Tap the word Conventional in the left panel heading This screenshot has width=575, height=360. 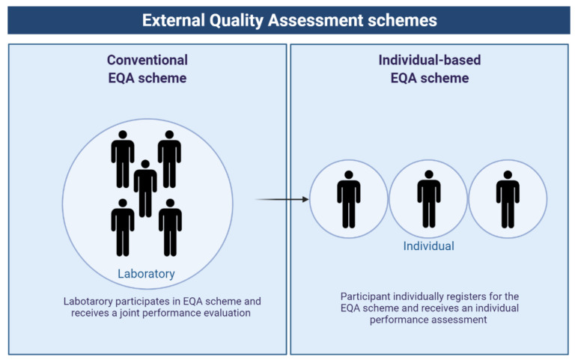147,60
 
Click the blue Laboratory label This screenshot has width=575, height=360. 146,273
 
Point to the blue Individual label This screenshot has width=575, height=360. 428,245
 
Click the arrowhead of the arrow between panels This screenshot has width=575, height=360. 306,199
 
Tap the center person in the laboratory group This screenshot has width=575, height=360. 145,187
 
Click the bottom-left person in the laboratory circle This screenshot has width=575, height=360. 122,227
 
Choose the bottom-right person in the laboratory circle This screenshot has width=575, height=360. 170,227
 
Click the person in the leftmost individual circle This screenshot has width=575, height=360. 348,198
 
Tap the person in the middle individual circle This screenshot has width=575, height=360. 428,198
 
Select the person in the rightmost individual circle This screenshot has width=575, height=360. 508,198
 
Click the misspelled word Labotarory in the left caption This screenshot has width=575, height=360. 91,302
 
